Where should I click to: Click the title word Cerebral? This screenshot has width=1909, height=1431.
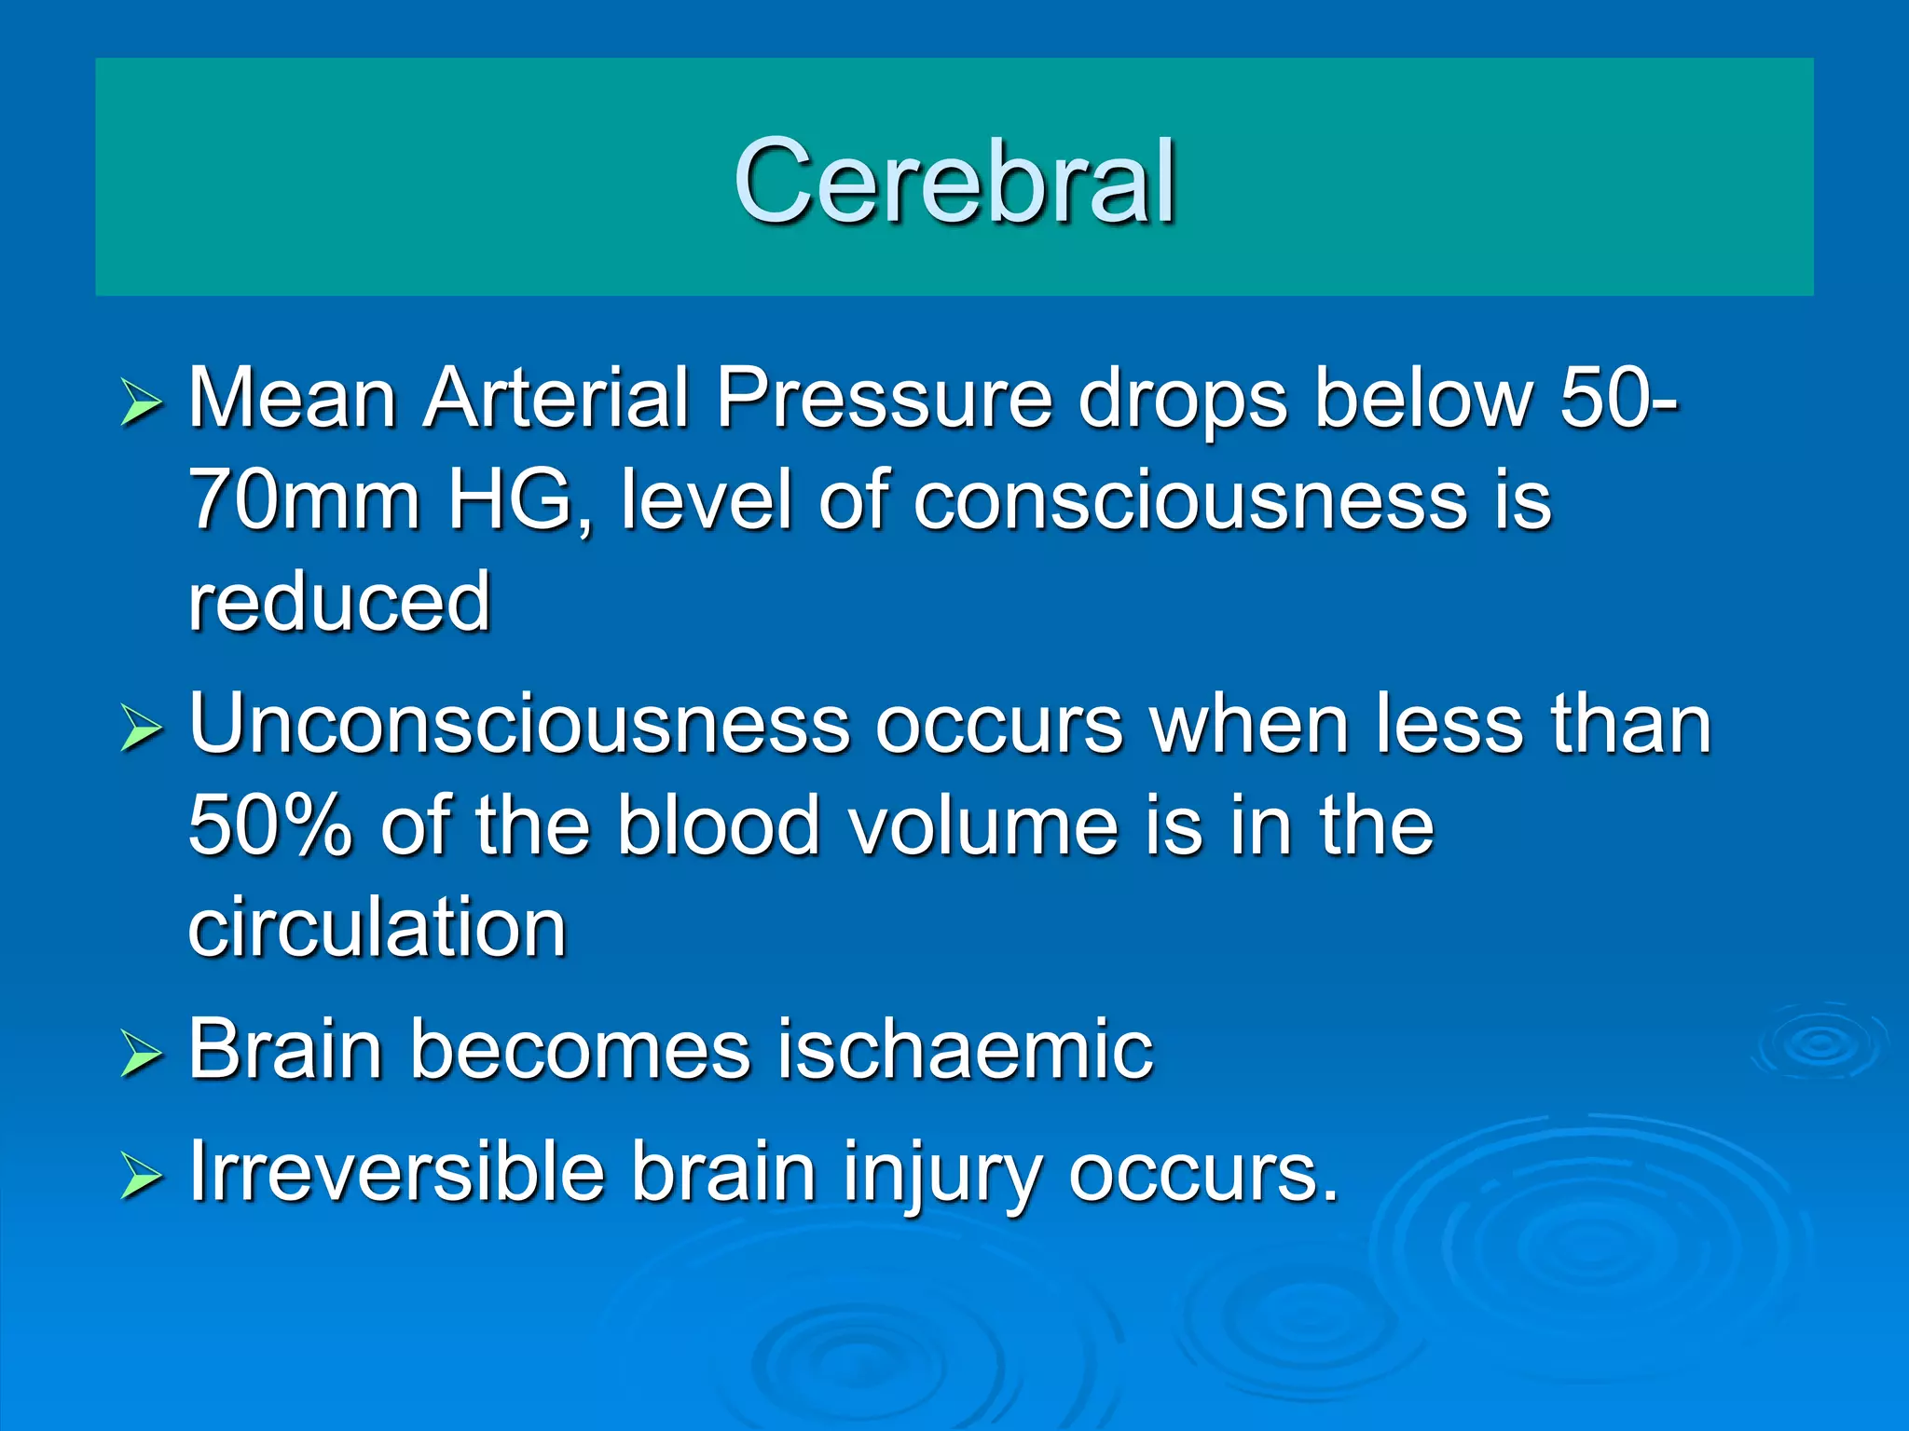pos(954,181)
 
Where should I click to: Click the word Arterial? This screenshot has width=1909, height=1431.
pos(556,399)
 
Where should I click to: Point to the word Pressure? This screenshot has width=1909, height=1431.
pos(884,399)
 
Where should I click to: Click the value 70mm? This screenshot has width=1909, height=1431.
pos(304,500)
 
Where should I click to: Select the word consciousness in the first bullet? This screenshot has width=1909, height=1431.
pos(1189,500)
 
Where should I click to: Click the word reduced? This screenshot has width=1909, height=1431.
pos(339,603)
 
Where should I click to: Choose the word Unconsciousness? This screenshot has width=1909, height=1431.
pos(518,725)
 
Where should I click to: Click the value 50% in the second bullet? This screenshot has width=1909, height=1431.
pos(270,826)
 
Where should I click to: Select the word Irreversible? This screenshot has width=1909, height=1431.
pos(396,1172)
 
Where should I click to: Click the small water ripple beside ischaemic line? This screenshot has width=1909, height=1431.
pos(1819,1043)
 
